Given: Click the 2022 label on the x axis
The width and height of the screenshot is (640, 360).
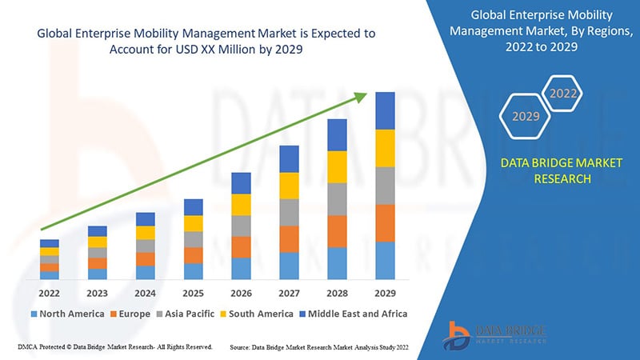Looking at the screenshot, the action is coord(49,293).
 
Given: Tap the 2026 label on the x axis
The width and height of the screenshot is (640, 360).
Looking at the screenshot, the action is coord(241,293).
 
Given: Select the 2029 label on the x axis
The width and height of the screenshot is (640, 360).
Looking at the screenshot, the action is coord(385,293).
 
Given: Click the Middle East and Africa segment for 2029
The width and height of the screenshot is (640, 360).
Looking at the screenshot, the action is coord(385,110).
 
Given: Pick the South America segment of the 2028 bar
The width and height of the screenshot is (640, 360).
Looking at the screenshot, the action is coord(337,167).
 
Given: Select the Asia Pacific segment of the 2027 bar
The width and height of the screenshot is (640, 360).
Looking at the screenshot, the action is coord(289,212).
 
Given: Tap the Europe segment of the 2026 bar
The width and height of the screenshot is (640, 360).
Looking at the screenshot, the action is coord(242,247).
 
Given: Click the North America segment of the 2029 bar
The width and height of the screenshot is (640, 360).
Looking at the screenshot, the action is coord(385,261).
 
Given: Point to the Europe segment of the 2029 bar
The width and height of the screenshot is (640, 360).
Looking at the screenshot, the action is coord(385,223).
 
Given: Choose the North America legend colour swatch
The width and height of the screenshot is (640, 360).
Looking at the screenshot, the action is coord(34,314).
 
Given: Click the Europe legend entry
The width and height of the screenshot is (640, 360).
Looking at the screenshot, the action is coord(130,314).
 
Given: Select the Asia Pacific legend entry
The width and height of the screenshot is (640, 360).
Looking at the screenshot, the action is coord(186,314).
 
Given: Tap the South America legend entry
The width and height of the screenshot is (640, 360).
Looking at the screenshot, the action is coord(257,314).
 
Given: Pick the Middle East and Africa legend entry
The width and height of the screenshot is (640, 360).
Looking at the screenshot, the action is coord(354,314).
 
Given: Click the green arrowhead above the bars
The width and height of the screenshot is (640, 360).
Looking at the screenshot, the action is coord(361,97).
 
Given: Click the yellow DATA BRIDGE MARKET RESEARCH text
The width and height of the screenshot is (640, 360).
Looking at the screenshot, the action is coord(562,170).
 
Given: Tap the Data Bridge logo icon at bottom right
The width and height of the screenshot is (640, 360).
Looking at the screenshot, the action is coord(457,336).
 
